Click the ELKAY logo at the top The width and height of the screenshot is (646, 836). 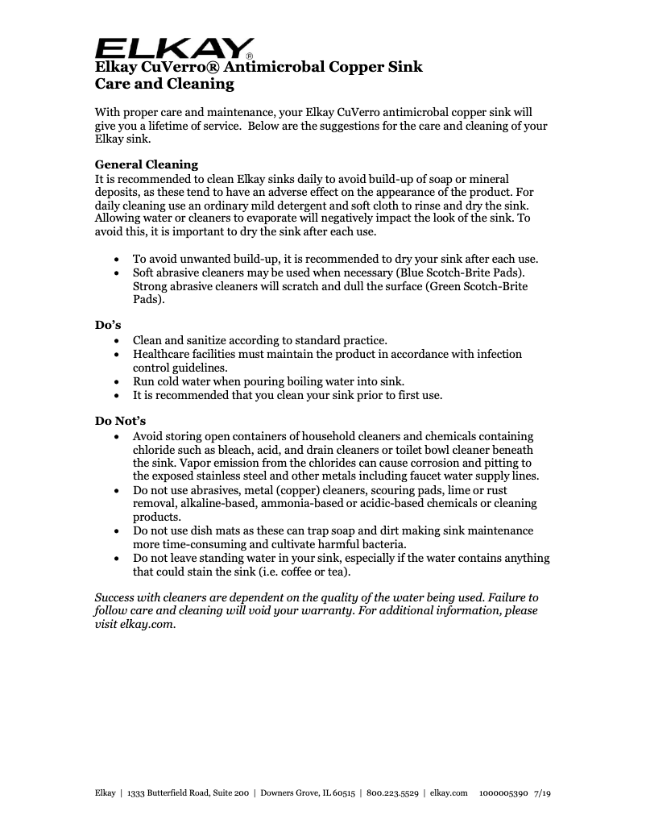[175, 48]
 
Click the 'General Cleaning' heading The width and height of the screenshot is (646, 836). [147, 164]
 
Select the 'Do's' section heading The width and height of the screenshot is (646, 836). [108, 326]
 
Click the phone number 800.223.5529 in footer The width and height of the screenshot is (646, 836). [392, 794]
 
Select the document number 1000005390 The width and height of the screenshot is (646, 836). [503, 794]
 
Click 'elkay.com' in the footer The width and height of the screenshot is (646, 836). [449, 794]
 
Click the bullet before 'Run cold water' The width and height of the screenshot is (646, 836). [118, 382]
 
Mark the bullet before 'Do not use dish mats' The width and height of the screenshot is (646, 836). [118, 531]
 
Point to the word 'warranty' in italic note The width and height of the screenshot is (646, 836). [358, 611]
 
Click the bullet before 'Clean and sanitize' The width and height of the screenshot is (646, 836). [118, 341]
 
